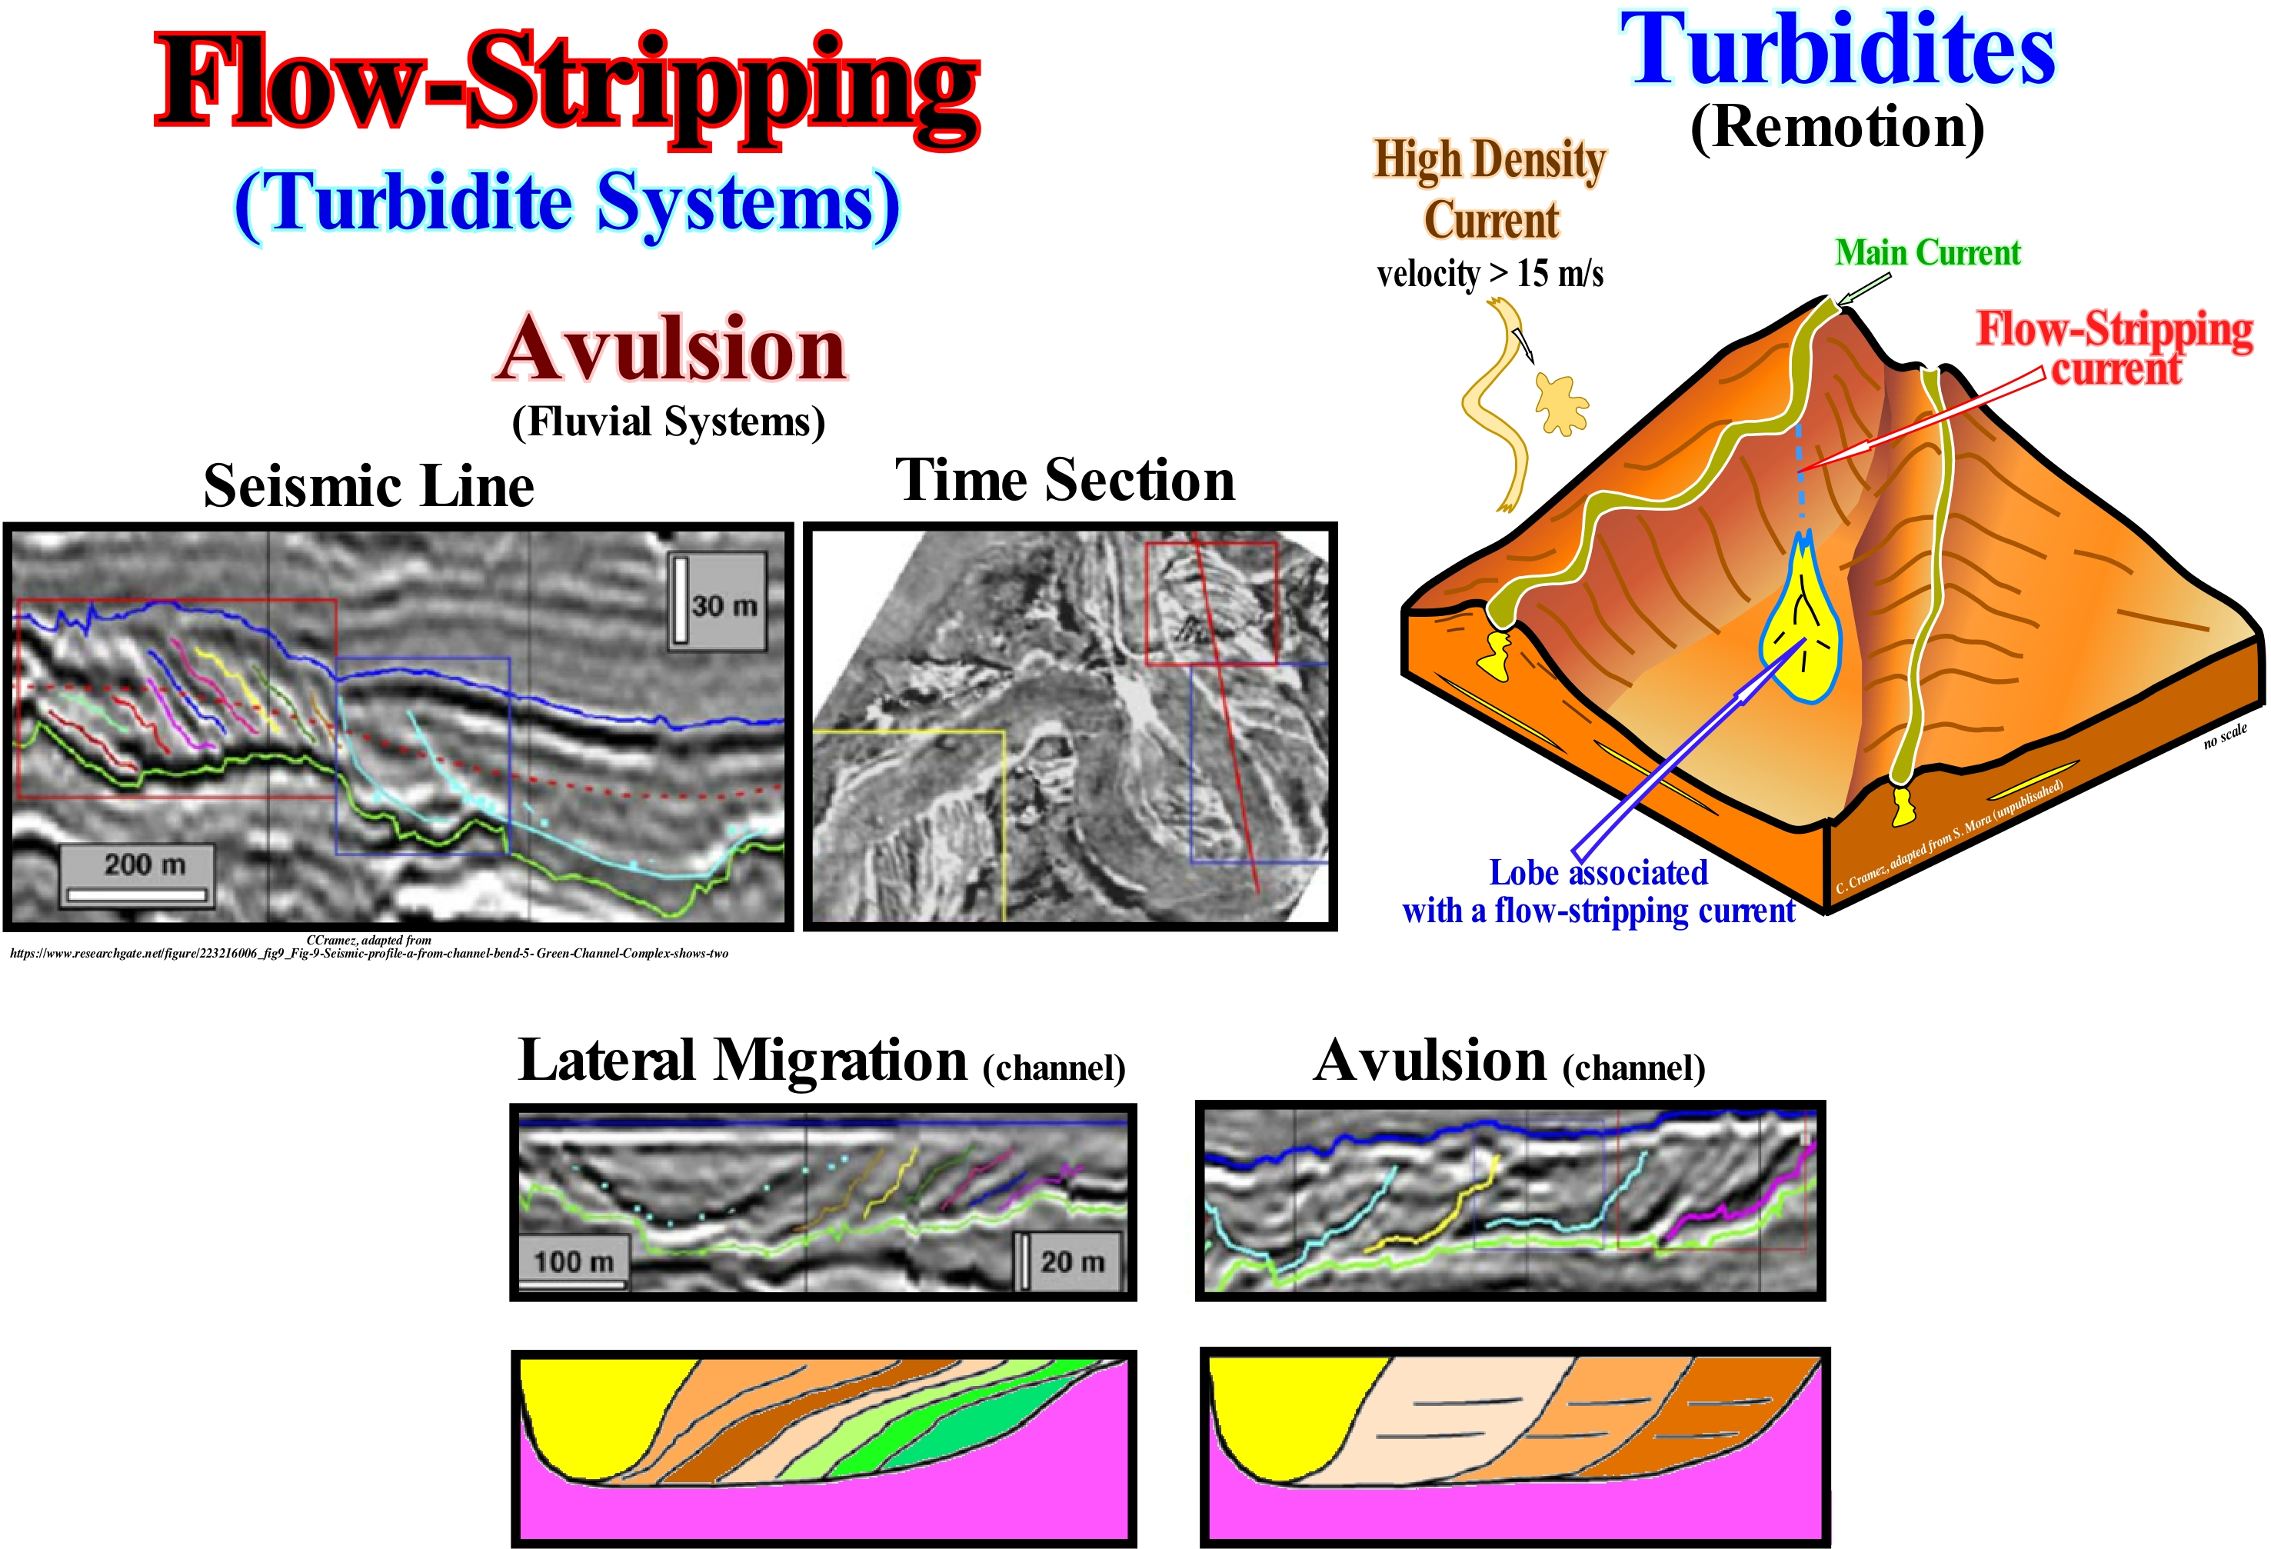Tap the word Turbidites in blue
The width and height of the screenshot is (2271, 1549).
[1837, 51]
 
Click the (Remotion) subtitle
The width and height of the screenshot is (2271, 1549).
[1837, 127]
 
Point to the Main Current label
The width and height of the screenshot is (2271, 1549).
[1927, 253]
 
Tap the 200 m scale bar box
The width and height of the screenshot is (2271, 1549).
[137, 874]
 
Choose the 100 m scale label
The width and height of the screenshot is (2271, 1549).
[573, 1261]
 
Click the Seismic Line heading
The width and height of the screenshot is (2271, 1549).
[368, 486]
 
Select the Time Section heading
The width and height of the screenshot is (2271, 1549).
[1065, 480]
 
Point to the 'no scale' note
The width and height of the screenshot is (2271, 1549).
[2225, 735]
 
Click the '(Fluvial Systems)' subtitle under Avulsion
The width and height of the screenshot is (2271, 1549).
[668, 422]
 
